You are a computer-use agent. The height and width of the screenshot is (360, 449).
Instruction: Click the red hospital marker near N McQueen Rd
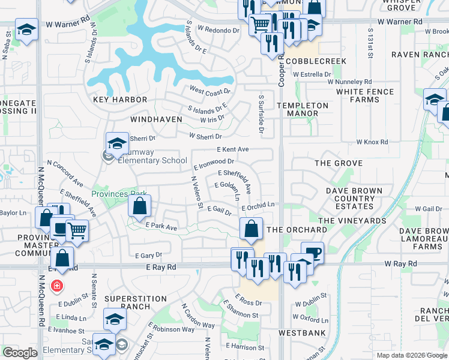(x=56, y=286)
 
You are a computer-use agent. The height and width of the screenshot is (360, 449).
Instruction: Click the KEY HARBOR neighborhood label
(x=120, y=100)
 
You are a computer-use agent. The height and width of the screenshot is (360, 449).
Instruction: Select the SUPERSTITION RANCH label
(x=136, y=302)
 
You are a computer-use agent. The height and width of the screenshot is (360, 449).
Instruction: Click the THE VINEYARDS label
(x=352, y=221)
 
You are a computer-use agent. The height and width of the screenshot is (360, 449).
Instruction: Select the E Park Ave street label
(x=161, y=227)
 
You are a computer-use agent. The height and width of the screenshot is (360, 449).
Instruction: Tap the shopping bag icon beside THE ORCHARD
(x=251, y=229)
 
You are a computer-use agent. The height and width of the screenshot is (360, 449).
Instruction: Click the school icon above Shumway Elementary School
(x=117, y=143)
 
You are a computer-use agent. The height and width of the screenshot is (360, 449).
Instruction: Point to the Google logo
(x=20, y=353)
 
